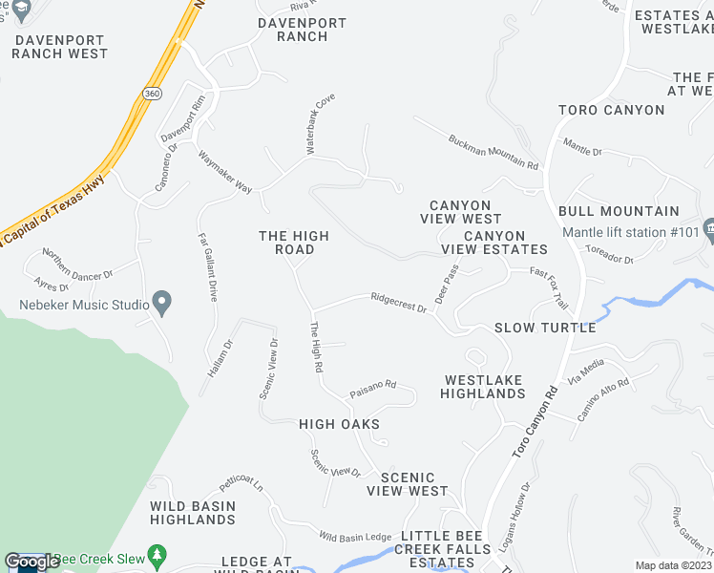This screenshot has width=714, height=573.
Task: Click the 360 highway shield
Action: point(153,94)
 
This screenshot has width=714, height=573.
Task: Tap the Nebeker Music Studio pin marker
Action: point(162,305)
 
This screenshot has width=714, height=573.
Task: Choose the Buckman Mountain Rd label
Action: point(493,152)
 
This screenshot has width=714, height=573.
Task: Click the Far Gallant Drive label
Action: point(207,267)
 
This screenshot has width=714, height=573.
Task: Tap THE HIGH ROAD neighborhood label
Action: point(294,243)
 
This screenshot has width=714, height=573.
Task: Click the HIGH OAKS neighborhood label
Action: point(339,424)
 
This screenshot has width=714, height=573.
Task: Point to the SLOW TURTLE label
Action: point(545,328)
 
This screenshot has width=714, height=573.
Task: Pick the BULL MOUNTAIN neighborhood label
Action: point(619,211)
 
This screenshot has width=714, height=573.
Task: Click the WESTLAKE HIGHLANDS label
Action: point(484,386)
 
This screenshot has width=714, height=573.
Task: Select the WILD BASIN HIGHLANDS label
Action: point(192,512)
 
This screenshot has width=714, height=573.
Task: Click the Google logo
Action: point(31,562)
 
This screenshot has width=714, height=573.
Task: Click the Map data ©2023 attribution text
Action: point(674,564)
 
